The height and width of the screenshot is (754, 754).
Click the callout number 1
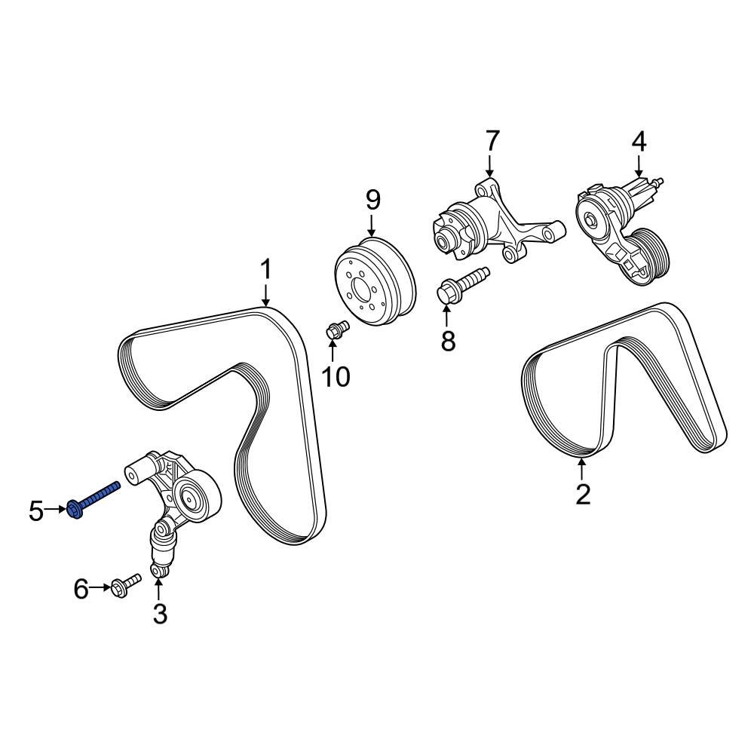click(265, 270)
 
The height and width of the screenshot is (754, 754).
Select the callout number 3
click(159, 614)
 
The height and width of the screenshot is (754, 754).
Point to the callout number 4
click(639, 141)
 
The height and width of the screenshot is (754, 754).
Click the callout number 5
click(36, 511)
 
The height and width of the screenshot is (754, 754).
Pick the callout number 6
click(81, 589)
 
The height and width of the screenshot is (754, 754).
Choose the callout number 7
click(491, 141)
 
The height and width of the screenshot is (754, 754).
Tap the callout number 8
click(449, 342)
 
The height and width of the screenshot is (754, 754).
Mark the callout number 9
click(373, 201)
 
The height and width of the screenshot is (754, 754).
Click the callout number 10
click(336, 376)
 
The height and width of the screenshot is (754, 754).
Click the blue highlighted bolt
click(94, 498)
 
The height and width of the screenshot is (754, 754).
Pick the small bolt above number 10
click(337, 329)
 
